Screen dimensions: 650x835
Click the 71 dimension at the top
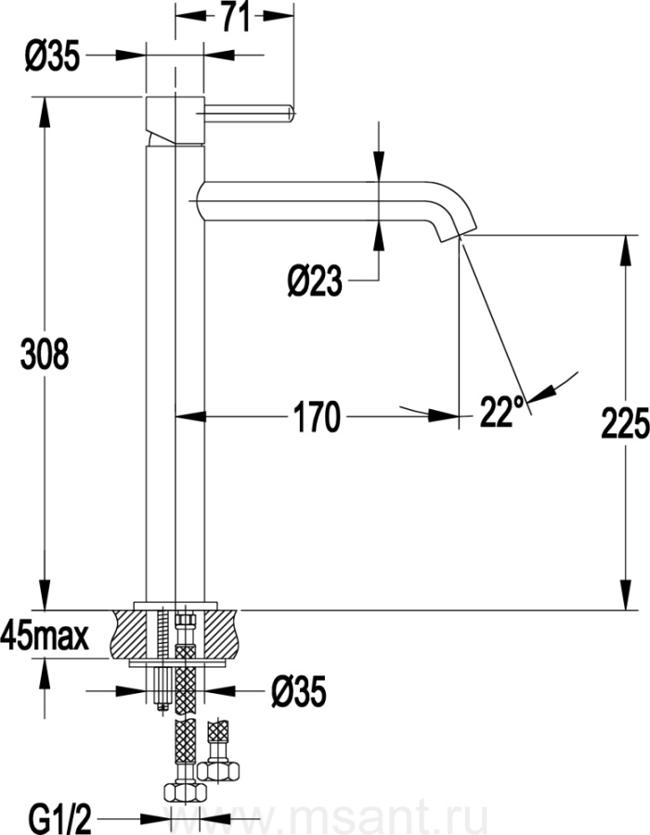click(234, 17)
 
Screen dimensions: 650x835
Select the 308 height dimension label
click(45, 353)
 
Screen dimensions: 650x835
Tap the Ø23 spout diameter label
click(315, 280)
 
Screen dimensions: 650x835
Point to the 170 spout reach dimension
click(317, 417)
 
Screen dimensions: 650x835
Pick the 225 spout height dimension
click(625, 423)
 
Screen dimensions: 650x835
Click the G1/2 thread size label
click(60, 818)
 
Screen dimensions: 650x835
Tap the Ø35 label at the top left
click(52, 56)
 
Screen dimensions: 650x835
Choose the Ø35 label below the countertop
click(298, 692)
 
